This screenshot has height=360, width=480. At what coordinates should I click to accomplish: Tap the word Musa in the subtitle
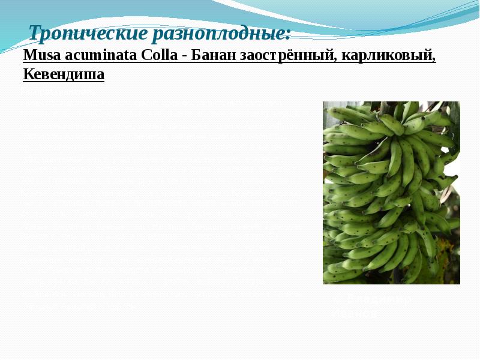point(39,56)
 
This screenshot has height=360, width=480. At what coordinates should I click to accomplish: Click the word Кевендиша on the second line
point(64,75)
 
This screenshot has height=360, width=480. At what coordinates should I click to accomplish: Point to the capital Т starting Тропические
point(35,32)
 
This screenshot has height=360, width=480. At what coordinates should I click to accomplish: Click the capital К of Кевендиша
point(28,75)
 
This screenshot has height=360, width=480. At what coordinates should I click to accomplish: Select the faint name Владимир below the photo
point(380,299)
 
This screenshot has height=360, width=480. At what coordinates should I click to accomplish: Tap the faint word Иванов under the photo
point(354,313)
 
